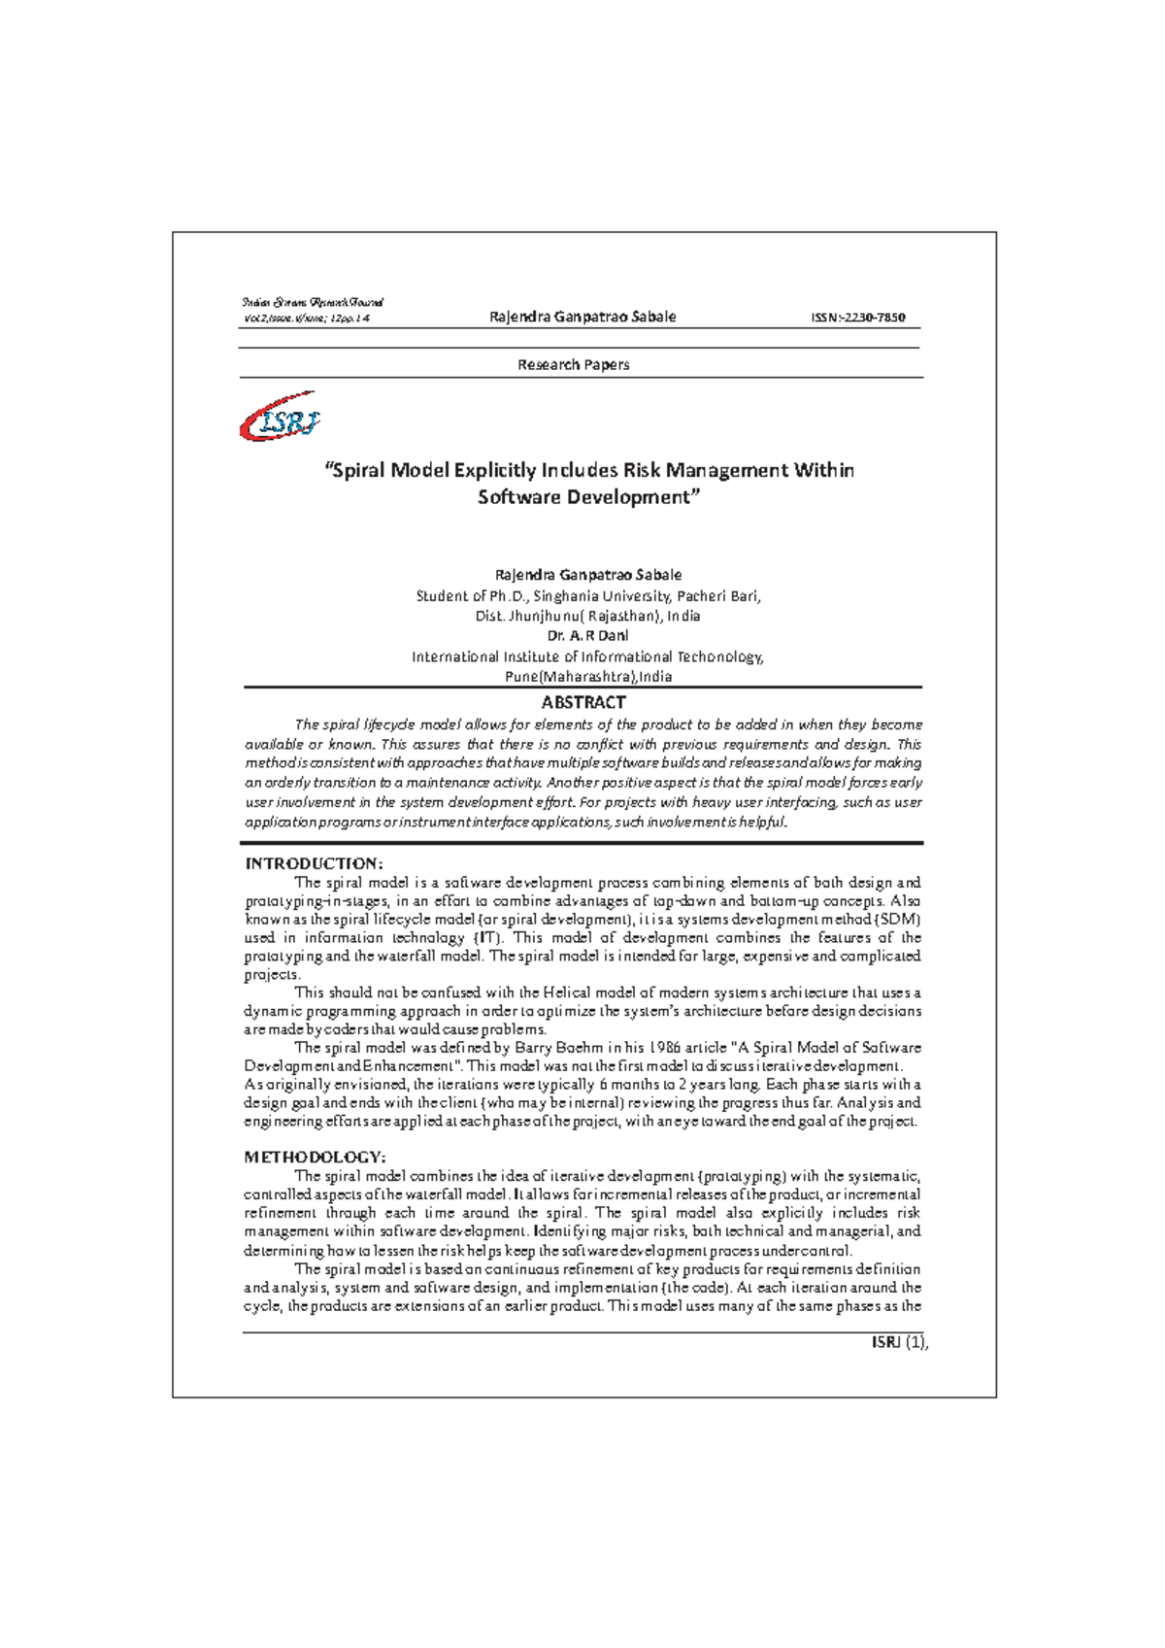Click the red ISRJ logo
tap(280, 418)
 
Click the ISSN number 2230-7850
tap(858, 318)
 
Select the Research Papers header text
tap(573, 365)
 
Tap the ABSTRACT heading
tap(582, 702)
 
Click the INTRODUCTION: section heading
tap(314, 863)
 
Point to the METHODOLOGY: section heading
tap(315, 1157)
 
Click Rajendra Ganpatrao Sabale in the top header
tap(582, 317)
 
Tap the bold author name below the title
tap(588, 575)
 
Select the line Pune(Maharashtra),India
tap(588, 677)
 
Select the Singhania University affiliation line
tap(588, 596)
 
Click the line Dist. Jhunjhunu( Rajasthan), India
tap(587, 616)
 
